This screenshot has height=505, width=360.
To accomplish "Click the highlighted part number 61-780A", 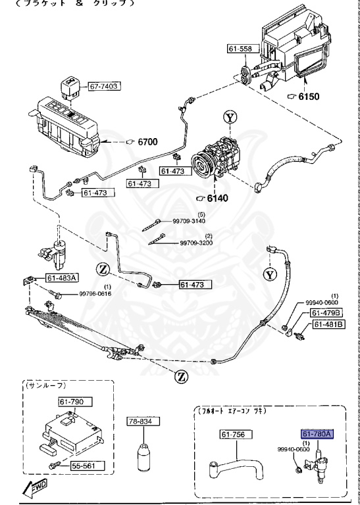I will click(x=317, y=434).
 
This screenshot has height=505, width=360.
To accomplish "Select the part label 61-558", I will click(x=241, y=49).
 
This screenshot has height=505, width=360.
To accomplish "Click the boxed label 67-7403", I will click(x=122, y=85).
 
